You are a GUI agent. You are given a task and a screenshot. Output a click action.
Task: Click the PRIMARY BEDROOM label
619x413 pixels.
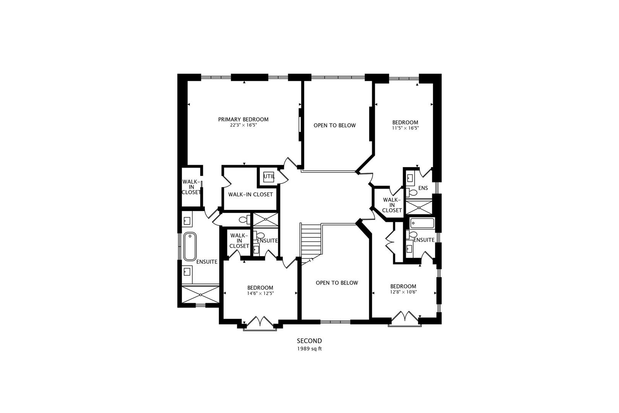tap(243, 119)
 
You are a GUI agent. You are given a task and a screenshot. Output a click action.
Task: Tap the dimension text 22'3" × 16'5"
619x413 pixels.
tap(243, 125)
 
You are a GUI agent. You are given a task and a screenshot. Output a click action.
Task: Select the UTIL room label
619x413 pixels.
tap(269, 177)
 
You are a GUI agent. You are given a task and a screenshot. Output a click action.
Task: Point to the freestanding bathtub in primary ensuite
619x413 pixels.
tap(190, 246)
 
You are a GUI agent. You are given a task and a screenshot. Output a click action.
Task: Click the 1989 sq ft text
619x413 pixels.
tap(309, 349)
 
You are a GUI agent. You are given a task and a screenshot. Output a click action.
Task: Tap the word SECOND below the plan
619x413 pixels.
tap(309, 341)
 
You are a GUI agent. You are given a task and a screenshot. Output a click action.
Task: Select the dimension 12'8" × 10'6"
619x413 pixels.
tap(403, 292)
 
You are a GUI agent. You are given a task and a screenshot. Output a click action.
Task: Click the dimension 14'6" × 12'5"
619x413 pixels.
tap(260, 293)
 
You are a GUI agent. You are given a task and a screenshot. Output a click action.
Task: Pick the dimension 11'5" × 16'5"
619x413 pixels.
tap(405, 128)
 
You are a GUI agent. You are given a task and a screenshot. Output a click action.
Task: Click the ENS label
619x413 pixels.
tap(423, 188)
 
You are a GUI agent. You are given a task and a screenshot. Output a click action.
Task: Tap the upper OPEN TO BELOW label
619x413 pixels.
tap(334, 125)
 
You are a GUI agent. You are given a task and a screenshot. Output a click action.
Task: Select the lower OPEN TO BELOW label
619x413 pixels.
tap(337, 283)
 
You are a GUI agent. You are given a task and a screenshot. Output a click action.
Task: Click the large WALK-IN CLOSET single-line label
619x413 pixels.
tap(250, 194)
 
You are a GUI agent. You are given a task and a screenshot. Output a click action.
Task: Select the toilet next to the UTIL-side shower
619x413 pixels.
tap(244, 220)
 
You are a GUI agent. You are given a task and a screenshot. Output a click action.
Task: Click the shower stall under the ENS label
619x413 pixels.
tap(419, 207)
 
